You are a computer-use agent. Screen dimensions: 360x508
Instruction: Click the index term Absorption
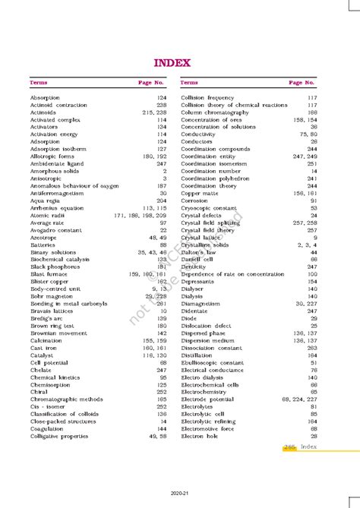[45, 98]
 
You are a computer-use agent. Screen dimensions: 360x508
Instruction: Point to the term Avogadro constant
[55, 229]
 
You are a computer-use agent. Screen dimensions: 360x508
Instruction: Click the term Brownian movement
[58, 333]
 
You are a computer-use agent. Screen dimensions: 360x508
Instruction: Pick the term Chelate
[41, 370]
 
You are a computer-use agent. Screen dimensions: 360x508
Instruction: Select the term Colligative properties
[59, 436]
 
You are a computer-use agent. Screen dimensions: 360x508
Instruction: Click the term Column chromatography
[216, 112]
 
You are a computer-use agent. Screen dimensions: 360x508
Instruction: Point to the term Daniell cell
[198, 259]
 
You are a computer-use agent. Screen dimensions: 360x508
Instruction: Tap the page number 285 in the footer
[289, 447]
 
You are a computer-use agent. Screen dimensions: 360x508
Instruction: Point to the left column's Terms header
[39, 82]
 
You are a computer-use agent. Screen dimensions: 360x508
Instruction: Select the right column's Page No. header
[302, 82]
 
